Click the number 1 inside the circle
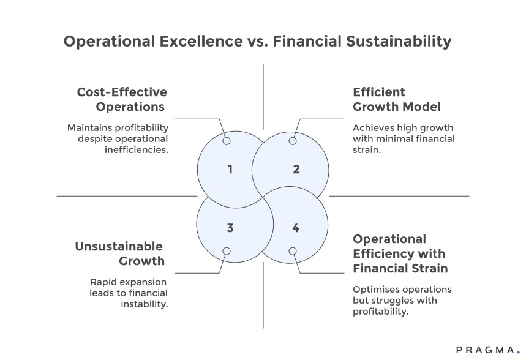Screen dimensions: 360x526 (x=230, y=169)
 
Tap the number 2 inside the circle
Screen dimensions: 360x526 (x=296, y=169)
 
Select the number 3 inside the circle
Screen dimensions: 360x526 (x=230, y=228)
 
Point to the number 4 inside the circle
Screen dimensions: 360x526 (x=296, y=228)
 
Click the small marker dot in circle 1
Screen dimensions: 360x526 (x=227, y=141)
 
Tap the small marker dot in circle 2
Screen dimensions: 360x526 (x=293, y=141)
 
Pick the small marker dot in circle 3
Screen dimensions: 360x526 (x=227, y=251)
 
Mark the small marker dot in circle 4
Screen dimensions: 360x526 (x=293, y=251)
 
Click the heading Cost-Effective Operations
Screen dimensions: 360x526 (x=122, y=99)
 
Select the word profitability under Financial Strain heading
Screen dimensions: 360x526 (x=380, y=312)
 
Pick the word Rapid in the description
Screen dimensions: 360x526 (x=104, y=282)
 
